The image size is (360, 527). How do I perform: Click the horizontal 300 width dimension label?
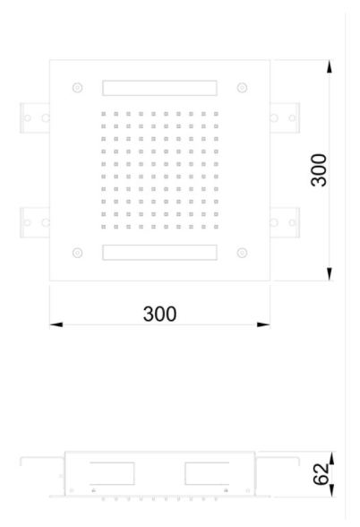click(159, 314)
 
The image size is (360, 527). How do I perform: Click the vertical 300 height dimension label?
click(319, 170)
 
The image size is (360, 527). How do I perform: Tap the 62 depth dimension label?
click(321, 474)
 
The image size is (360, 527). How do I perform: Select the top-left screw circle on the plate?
click(78, 88)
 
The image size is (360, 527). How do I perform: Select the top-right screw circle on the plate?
click(242, 88)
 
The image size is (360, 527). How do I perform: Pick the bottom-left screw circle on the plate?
click(78, 253)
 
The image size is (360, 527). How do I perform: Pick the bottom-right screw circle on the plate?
click(242, 253)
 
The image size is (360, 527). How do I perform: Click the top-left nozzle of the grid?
click(104, 114)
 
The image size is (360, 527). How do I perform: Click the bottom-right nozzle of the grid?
click(216, 227)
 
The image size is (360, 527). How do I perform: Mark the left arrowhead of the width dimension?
click(56, 324)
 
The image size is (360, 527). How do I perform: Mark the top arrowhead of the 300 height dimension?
click(330, 66)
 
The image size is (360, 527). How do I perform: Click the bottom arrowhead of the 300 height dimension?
click(330, 274)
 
